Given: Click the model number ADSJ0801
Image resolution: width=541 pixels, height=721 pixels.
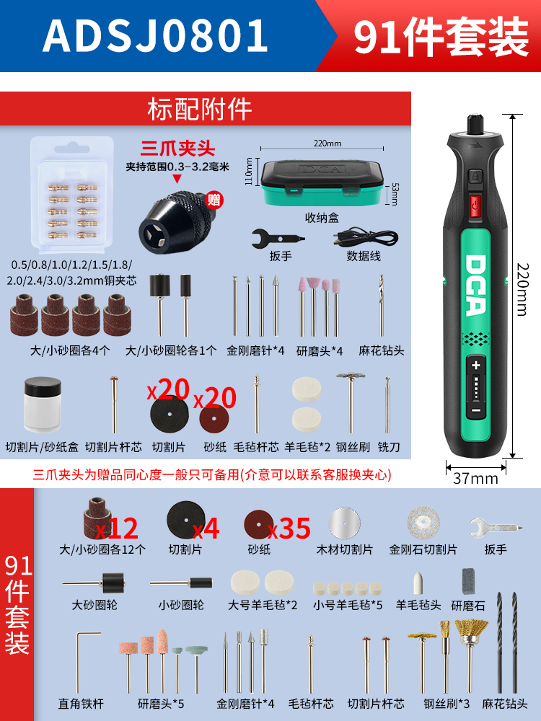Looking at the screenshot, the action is coord(156,35).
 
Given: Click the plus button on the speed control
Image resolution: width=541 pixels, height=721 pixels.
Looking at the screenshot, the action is coord(475,366).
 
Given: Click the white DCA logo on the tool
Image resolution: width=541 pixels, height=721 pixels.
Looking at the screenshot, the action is coord(475,285).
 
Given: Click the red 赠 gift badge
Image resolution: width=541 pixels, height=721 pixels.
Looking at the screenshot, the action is coord(214,200).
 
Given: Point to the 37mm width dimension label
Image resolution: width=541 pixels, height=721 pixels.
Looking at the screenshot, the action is coord(475,478).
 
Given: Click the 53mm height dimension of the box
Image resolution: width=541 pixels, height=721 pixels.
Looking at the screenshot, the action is coord(395,194).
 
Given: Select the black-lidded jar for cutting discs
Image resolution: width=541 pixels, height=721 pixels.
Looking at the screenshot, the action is coord(43,404).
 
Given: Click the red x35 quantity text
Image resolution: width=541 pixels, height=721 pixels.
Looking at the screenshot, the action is coord(289,528).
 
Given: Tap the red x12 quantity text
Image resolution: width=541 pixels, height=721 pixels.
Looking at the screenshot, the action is coord(116,528).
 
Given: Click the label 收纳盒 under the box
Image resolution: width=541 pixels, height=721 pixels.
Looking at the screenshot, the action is coord(322,218).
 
